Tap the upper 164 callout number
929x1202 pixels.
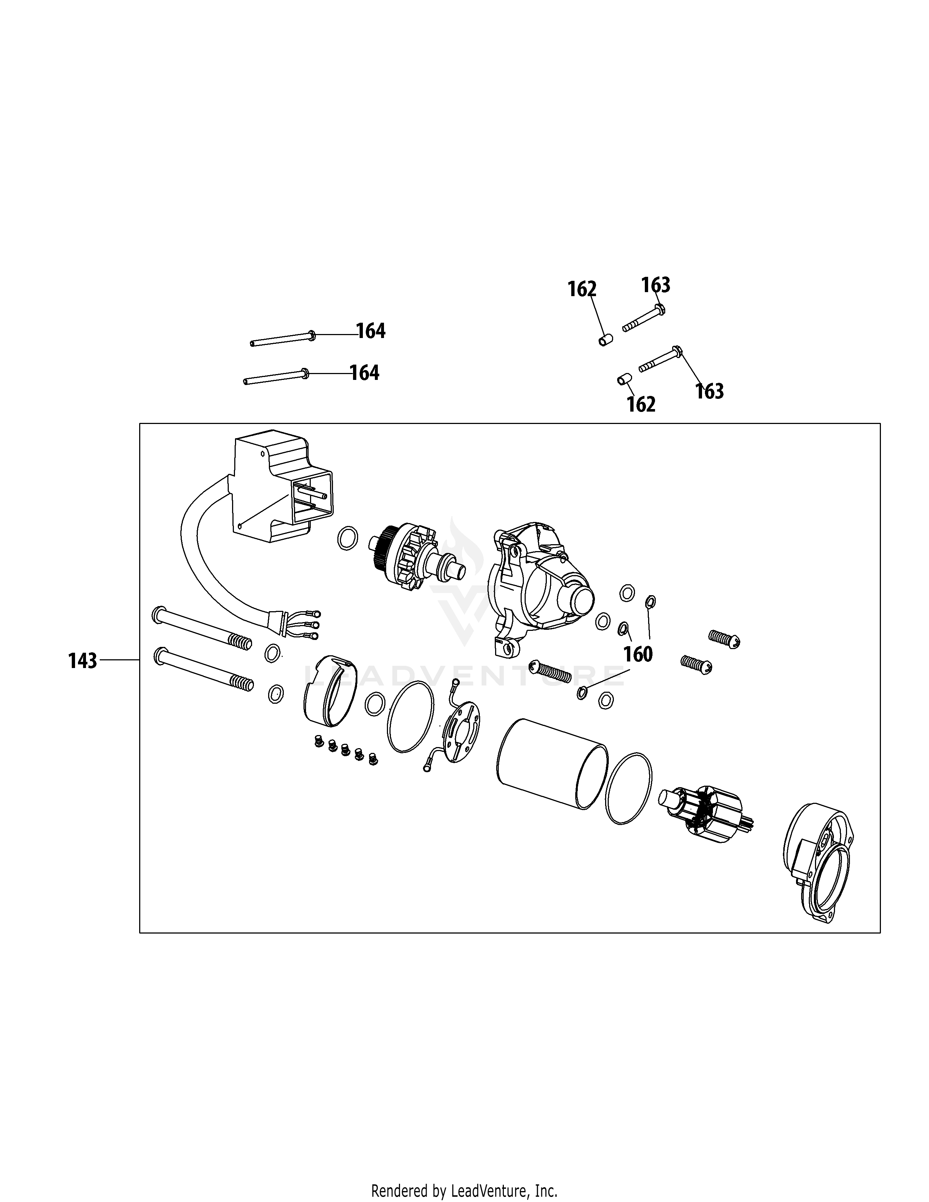click(x=371, y=331)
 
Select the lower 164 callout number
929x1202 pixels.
click(x=364, y=373)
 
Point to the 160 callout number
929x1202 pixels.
click(x=638, y=655)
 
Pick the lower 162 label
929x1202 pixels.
click(x=641, y=405)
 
